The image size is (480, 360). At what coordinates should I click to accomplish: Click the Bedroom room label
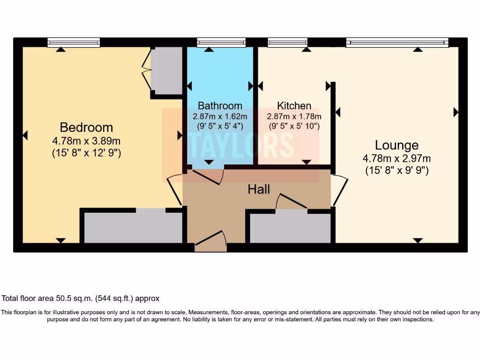pyautogui.click(x=86, y=127)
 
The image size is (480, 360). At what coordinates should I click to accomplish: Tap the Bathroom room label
pyautogui.click(x=220, y=105)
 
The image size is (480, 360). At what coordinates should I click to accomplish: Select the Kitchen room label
pyautogui.click(x=294, y=105)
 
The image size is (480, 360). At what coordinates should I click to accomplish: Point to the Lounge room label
pyautogui.click(x=397, y=145)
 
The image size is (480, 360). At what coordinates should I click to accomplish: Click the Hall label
pyautogui.click(x=259, y=189)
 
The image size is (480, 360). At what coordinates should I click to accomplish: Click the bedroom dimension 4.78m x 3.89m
pyautogui.click(x=86, y=141)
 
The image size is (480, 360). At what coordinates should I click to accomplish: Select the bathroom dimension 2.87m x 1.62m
pyautogui.click(x=220, y=116)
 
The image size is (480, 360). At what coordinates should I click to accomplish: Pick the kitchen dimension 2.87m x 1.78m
pyautogui.click(x=294, y=116)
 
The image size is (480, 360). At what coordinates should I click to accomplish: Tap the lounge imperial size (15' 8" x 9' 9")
pyautogui.click(x=397, y=171)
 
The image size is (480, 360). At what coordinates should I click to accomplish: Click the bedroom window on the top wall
pyautogui.click(x=74, y=43)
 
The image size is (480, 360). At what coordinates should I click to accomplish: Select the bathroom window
pyautogui.click(x=221, y=43)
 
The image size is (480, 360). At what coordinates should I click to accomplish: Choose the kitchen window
pyautogui.click(x=287, y=43)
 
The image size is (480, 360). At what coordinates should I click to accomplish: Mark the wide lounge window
pyautogui.click(x=397, y=43)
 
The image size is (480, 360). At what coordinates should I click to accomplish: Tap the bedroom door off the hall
pyautogui.click(x=174, y=190)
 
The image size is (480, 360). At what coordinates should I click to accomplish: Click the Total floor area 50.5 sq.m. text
pyautogui.click(x=81, y=298)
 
